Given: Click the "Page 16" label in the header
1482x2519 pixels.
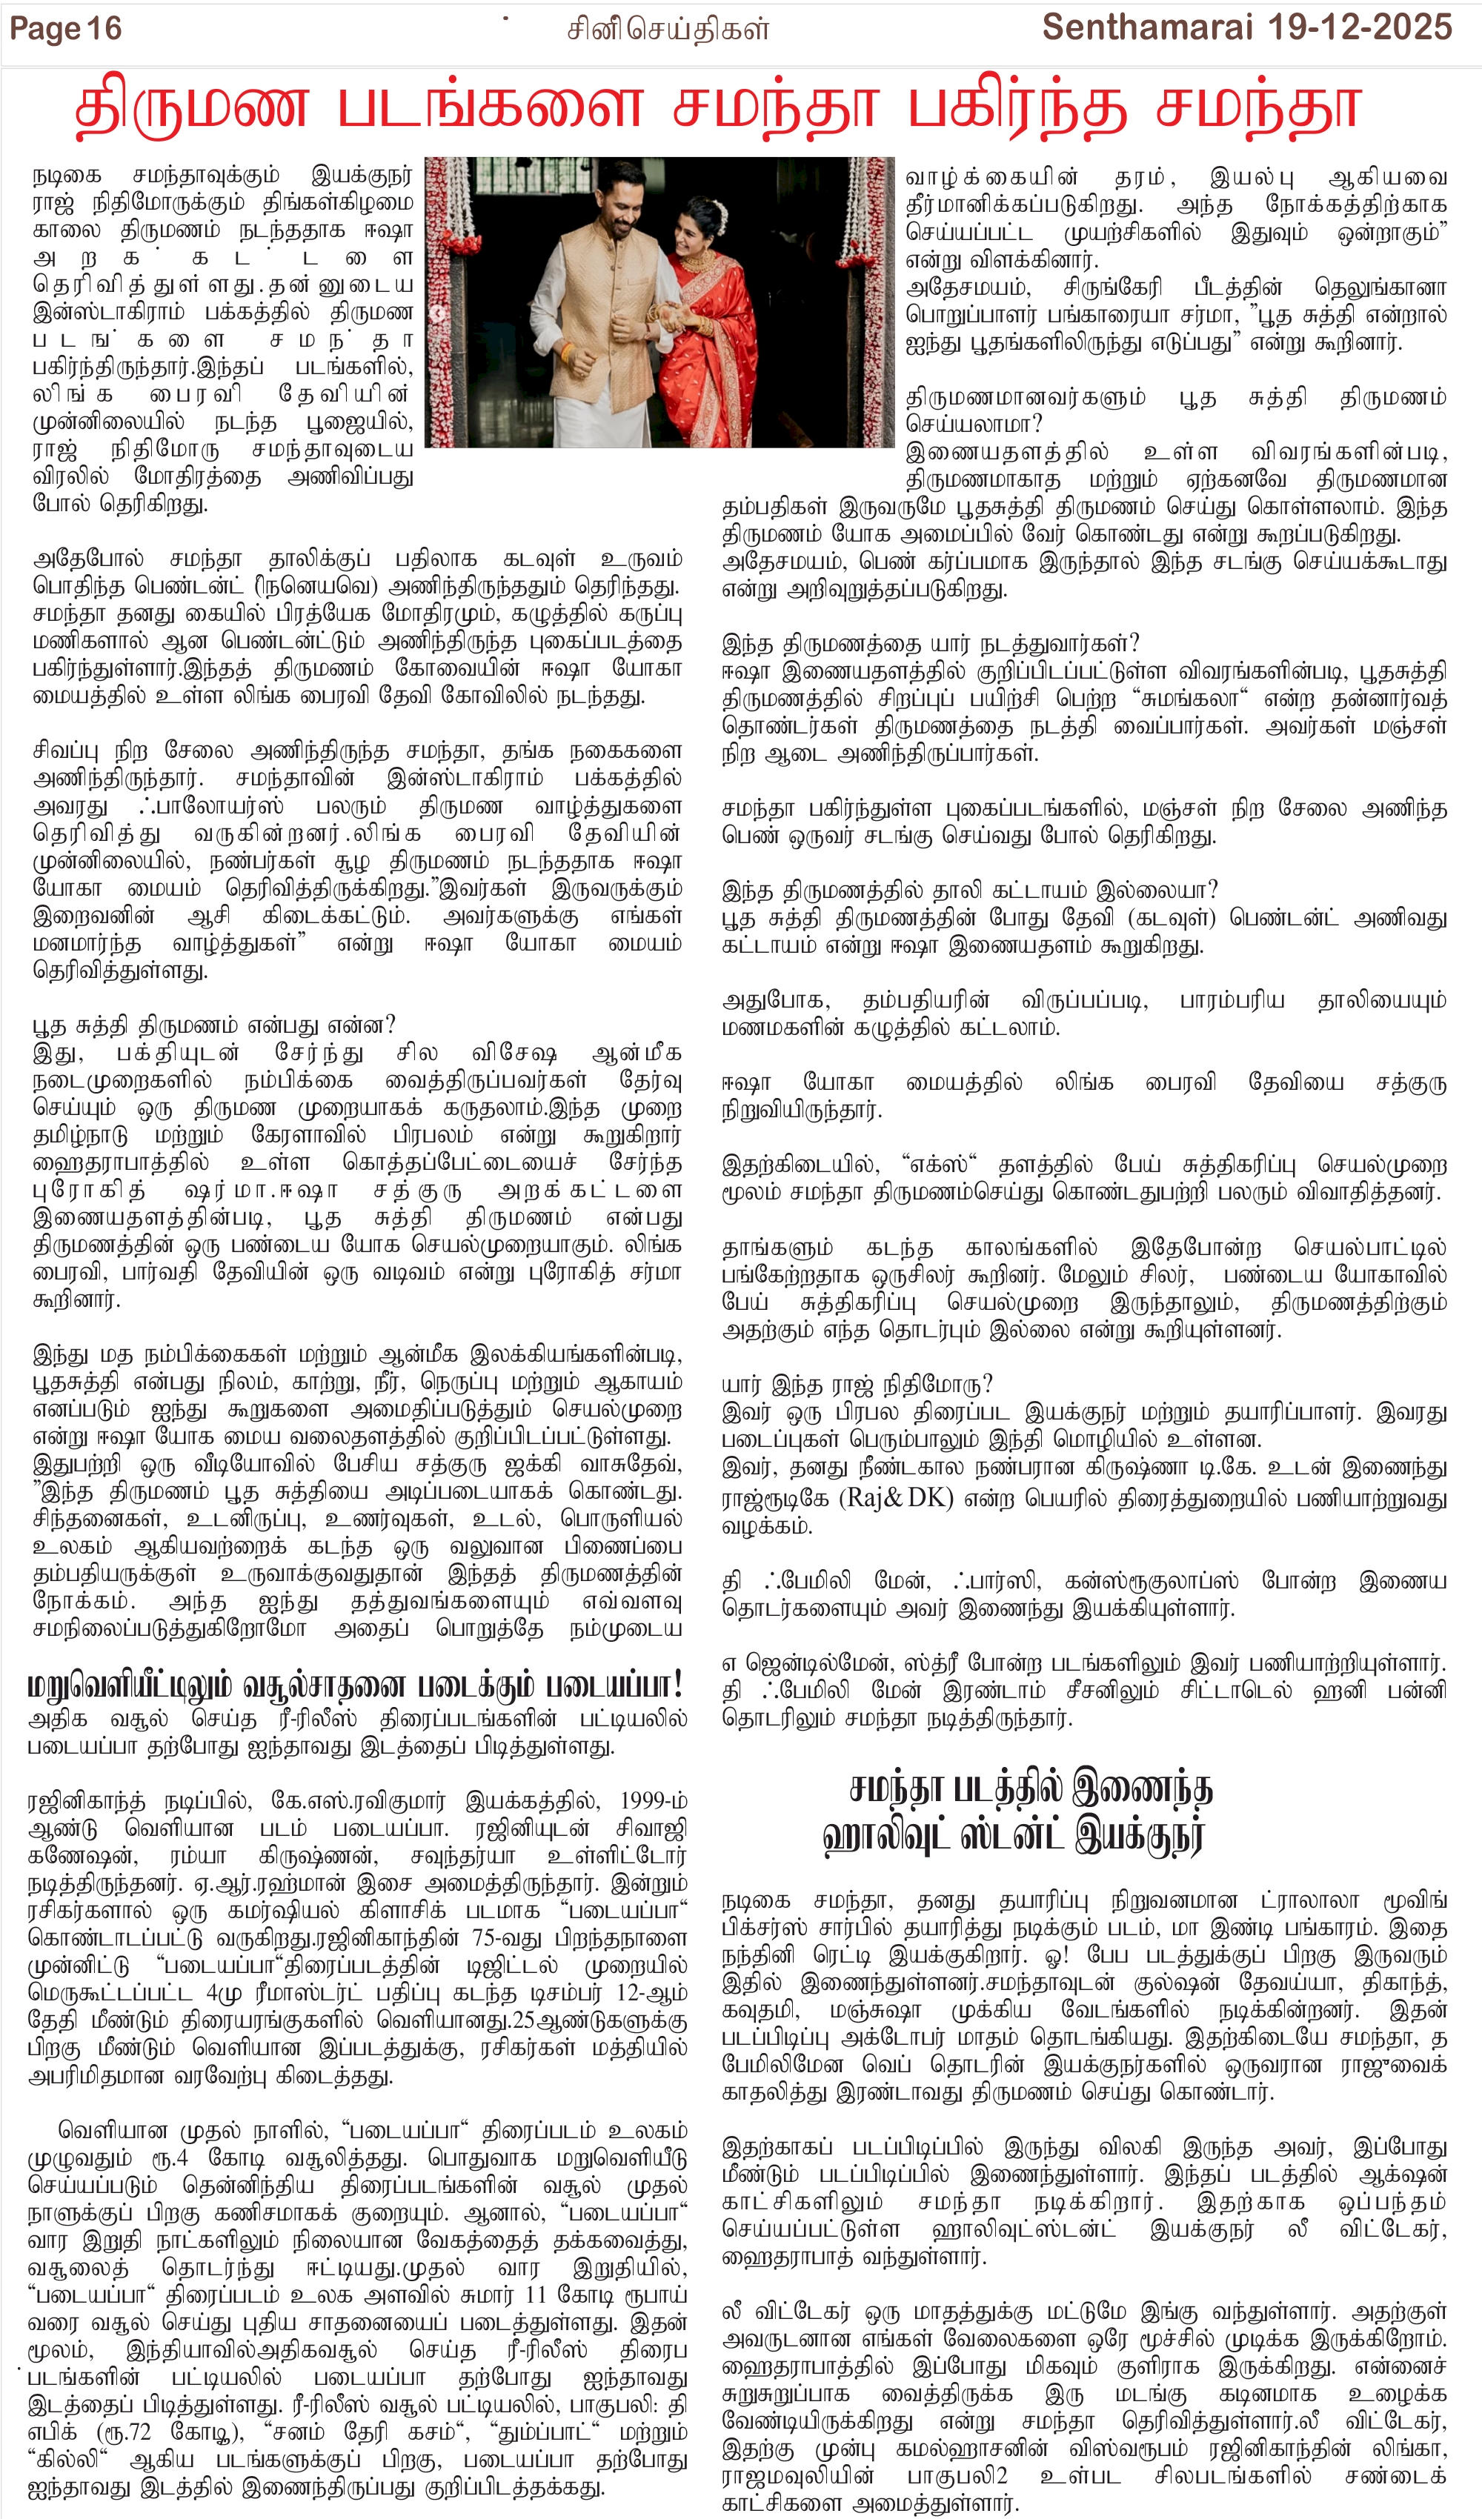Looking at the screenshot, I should pos(65,29).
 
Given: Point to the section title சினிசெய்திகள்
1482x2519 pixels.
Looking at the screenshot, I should pos(667,30).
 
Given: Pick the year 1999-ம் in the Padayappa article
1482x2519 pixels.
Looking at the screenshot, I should pos(652,1800).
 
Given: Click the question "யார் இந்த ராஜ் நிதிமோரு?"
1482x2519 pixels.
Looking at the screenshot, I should pos(857,1385).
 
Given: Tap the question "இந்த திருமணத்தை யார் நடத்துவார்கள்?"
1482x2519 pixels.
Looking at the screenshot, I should pos(930,643).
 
